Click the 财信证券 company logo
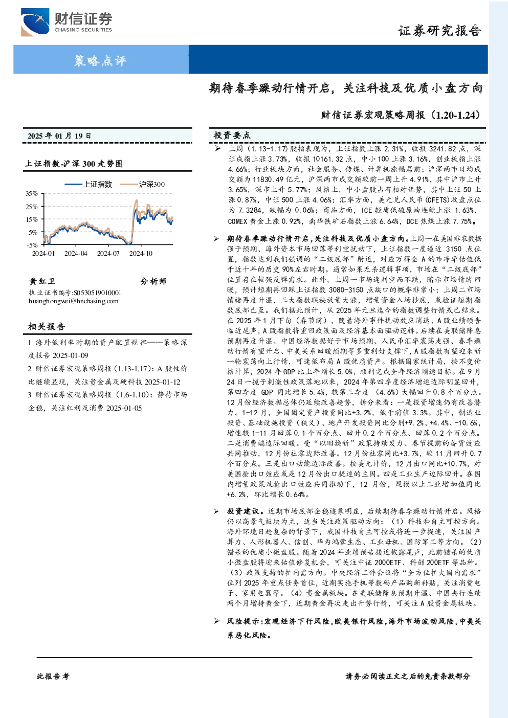tap(67, 22)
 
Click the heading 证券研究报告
tap(439, 31)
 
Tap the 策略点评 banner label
tap(100, 60)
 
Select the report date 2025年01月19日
tap(59, 136)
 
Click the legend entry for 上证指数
tap(89, 184)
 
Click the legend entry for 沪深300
tap(143, 184)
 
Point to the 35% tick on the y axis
tap(32, 193)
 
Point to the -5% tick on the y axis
tap(32, 245)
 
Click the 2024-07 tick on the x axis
tap(108, 253)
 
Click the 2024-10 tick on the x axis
tap(141, 253)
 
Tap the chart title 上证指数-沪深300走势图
tap(74, 164)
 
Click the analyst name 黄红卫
tap(42, 281)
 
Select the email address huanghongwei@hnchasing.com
tap(74, 301)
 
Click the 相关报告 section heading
tap(47, 326)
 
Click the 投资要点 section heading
tap(232, 136)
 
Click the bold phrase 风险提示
tap(244, 621)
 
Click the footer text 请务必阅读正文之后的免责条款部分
tap(408, 677)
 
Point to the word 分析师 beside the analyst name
tap(153, 281)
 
